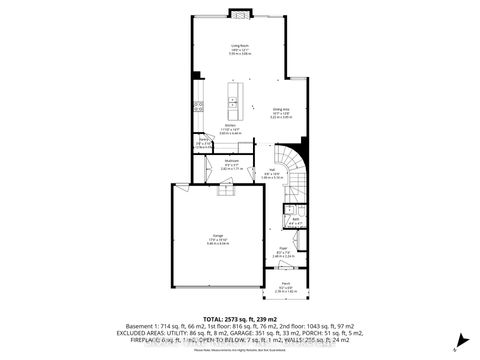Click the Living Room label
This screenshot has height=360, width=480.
[239, 46]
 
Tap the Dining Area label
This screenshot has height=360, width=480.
[280, 112]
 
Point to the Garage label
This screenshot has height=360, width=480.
[215, 237]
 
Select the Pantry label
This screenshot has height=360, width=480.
[203, 141]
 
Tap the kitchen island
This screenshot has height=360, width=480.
[235, 97]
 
